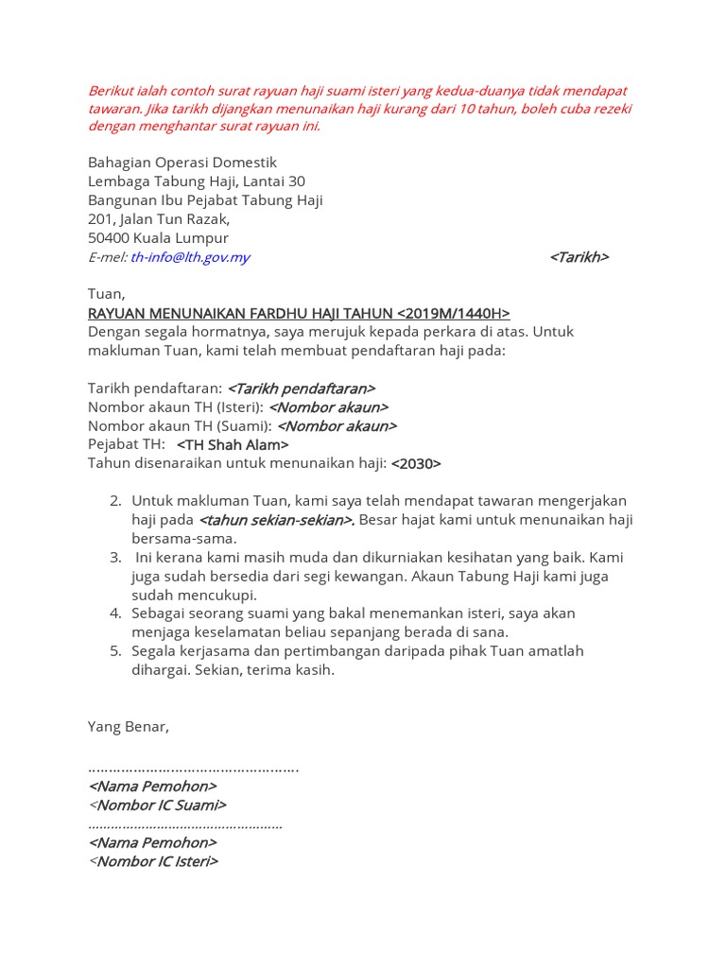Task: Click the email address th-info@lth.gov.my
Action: [x=190, y=257]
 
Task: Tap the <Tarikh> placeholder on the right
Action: [x=579, y=257]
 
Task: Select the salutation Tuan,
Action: [x=106, y=294]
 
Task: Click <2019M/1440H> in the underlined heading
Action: [x=454, y=313]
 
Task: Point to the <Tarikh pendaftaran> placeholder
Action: [x=302, y=389]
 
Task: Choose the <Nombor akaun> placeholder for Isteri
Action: [x=328, y=407]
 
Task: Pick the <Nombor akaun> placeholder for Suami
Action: [x=337, y=426]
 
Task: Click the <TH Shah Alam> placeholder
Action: [x=233, y=445]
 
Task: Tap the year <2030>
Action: [x=416, y=464]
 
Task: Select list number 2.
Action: [x=115, y=500]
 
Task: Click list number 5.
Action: [x=115, y=651]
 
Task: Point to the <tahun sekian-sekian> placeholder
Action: [x=276, y=520]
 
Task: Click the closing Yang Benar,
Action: [x=129, y=727]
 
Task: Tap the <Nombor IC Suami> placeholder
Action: [x=158, y=805]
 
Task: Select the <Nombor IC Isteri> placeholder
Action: [x=153, y=862]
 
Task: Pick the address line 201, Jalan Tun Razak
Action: [x=159, y=219]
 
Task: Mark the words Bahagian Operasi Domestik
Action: [x=182, y=163]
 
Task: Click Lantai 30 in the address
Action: [x=274, y=181]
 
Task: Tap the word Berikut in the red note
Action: [x=112, y=91]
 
